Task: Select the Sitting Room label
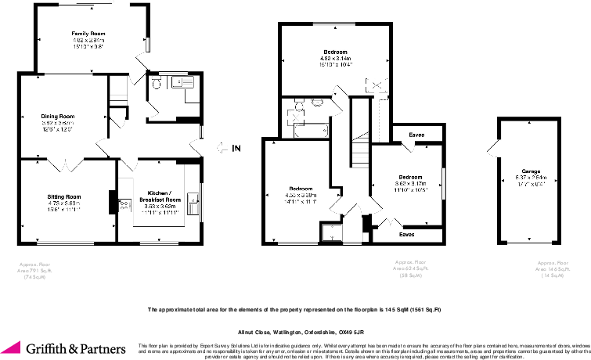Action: click(63, 196)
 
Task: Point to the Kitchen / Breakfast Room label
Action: click(160, 196)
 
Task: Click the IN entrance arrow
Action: click(228, 146)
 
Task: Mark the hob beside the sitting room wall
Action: click(123, 204)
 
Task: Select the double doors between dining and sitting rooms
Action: click(69, 164)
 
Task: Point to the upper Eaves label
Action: click(418, 135)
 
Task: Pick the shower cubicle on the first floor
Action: click(333, 231)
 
